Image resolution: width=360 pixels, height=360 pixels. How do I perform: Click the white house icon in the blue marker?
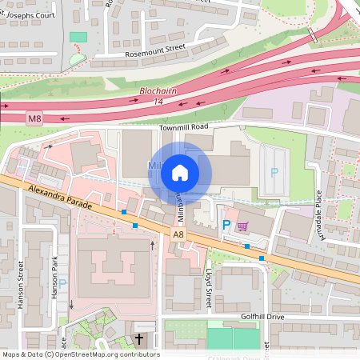[180, 172]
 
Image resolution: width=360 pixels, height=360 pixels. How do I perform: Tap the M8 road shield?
[34, 119]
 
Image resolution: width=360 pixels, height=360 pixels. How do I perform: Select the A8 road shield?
[180, 234]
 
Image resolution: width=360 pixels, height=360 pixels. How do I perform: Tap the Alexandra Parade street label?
[59, 197]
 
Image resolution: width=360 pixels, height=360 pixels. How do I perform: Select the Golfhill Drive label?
[263, 317]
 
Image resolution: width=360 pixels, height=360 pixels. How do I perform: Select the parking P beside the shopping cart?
[226, 226]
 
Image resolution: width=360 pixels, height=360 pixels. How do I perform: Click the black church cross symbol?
[140, 339]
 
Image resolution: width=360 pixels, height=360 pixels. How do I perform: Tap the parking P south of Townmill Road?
[274, 172]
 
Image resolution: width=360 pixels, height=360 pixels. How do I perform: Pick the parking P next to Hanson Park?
[62, 283]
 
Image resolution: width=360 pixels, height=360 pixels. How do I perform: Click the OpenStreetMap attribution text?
[80, 354]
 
